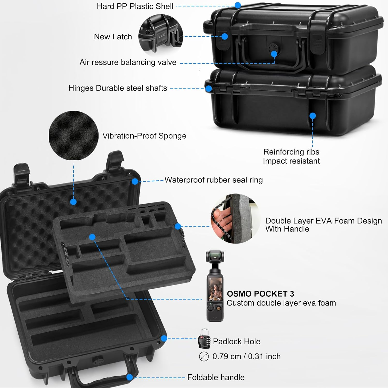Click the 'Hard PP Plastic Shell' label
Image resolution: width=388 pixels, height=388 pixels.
[135, 6]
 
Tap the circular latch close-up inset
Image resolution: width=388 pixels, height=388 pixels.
[161, 35]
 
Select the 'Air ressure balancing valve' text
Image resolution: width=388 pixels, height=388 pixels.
[128, 62]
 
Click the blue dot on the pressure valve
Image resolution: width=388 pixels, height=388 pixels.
[274, 54]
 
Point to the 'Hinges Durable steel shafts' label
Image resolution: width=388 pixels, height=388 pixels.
[118, 88]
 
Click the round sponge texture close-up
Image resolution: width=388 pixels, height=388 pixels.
[73, 136]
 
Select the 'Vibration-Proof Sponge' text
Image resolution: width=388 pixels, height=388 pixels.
[144, 136]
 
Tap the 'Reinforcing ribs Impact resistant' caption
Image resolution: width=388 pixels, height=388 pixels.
[291, 156]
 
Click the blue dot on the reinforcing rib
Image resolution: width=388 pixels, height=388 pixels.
[312, 116]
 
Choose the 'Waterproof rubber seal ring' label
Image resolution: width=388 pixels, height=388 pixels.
[213, 180]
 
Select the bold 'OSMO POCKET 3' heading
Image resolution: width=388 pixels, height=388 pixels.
[260, 294]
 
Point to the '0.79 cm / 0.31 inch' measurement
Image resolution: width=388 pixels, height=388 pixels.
[246, 356]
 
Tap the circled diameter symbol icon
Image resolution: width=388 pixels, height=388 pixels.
[204, 356]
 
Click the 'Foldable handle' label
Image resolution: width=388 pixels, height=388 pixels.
[216, 377]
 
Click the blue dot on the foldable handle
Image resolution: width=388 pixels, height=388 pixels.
[130, 377]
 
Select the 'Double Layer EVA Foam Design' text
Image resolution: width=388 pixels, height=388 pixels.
[323, 221]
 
